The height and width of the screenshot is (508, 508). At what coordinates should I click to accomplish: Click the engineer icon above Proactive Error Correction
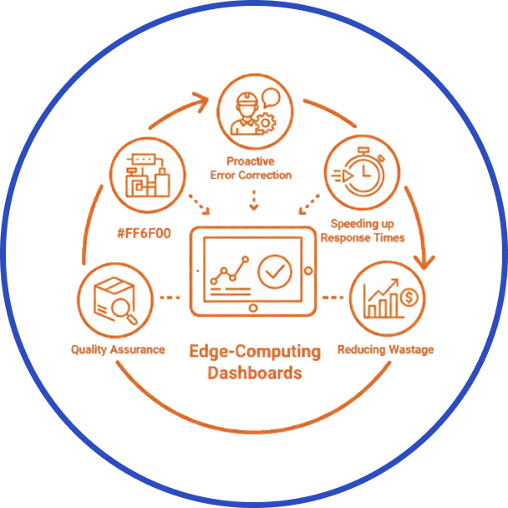pos(253,109)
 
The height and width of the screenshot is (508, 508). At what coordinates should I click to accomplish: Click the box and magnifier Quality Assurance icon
pos(114,299)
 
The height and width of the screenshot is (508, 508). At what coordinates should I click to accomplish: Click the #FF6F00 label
pos(145,233)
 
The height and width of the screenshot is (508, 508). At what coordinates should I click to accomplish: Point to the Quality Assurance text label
pos(118,348)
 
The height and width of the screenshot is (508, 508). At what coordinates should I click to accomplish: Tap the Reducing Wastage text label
pos(385,348)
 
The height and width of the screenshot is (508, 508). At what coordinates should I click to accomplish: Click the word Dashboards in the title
pos(254,373)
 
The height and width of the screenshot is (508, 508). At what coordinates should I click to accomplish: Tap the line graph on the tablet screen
pos(229,270)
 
